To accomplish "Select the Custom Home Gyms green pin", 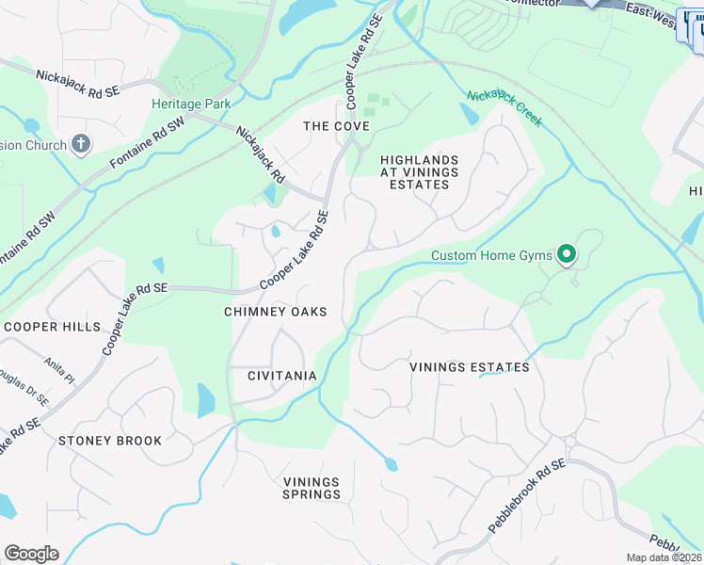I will pos(567,254).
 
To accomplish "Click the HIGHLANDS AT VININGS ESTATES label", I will pos(419,172).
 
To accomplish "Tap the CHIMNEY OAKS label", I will pos(276,312).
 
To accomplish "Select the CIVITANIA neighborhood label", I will pos(268,376).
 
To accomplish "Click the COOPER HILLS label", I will pos(51,327).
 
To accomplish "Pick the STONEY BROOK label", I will pos(110,440).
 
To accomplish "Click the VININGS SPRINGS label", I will pos(312,488).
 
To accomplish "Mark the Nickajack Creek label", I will pos(504,108).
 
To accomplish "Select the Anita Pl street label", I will pos(58,368).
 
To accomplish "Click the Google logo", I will pos(31,553).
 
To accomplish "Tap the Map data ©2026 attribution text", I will pos(664,557).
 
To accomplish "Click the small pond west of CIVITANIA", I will pos(205,399).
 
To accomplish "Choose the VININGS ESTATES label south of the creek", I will pos(469,367).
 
